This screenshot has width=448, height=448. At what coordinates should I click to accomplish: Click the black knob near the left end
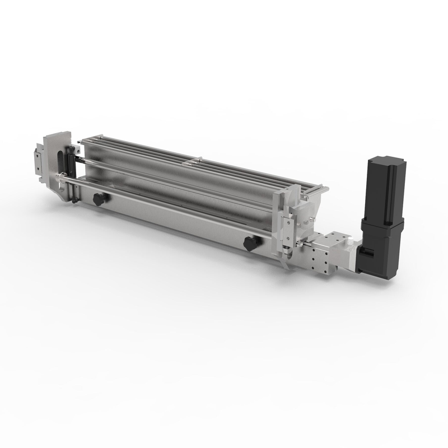(99, 199)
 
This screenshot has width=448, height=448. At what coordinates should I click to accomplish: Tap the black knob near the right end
(250, 243)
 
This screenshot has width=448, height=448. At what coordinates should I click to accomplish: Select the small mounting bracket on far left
(38, 160)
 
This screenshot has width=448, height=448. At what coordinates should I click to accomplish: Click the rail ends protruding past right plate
(316, 191)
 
